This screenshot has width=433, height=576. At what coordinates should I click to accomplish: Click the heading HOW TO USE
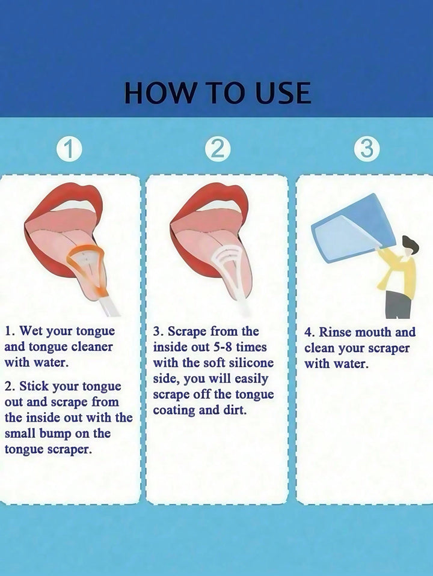pos(218,92)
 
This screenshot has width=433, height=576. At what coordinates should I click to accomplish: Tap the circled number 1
pos(69,150)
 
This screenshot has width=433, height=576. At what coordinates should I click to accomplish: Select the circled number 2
pos(218,150)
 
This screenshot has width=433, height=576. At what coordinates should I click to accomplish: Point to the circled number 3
pos(366,150)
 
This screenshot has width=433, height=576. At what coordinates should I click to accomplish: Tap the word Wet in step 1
pos(29,330)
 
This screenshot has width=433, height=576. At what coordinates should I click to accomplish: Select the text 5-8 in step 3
pos(221,347)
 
